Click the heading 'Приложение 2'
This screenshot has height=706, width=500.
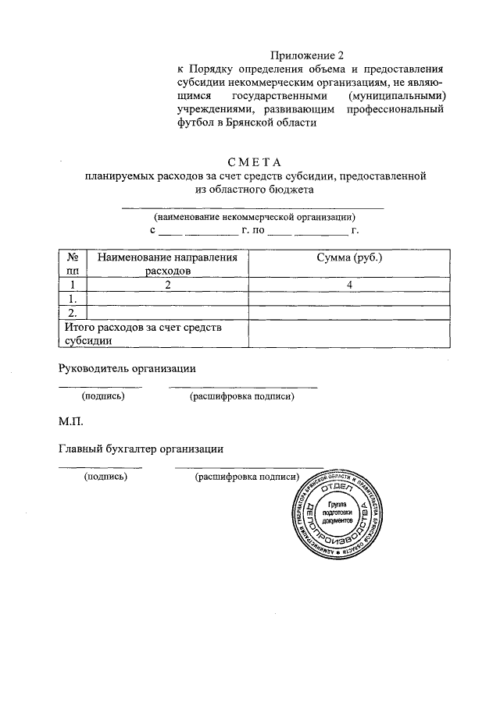point(307,55)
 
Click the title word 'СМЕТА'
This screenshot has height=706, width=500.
point(254,162)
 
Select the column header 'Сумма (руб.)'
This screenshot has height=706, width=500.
point(349,257)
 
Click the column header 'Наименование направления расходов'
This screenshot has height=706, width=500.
point(166,264)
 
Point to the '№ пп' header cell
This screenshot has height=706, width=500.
point(73,264)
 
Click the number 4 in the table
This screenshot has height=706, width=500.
point(349,285)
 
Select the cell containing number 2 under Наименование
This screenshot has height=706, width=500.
point(166,285)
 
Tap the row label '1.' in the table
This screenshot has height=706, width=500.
point(73,299)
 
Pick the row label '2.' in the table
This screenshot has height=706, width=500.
point(73,313)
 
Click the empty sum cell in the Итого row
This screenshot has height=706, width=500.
point(349,333)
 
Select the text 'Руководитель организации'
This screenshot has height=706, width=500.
point(127,368)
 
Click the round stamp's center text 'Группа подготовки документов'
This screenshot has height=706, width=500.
point(341,512)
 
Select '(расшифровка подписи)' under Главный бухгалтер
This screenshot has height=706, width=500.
point(248,477)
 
